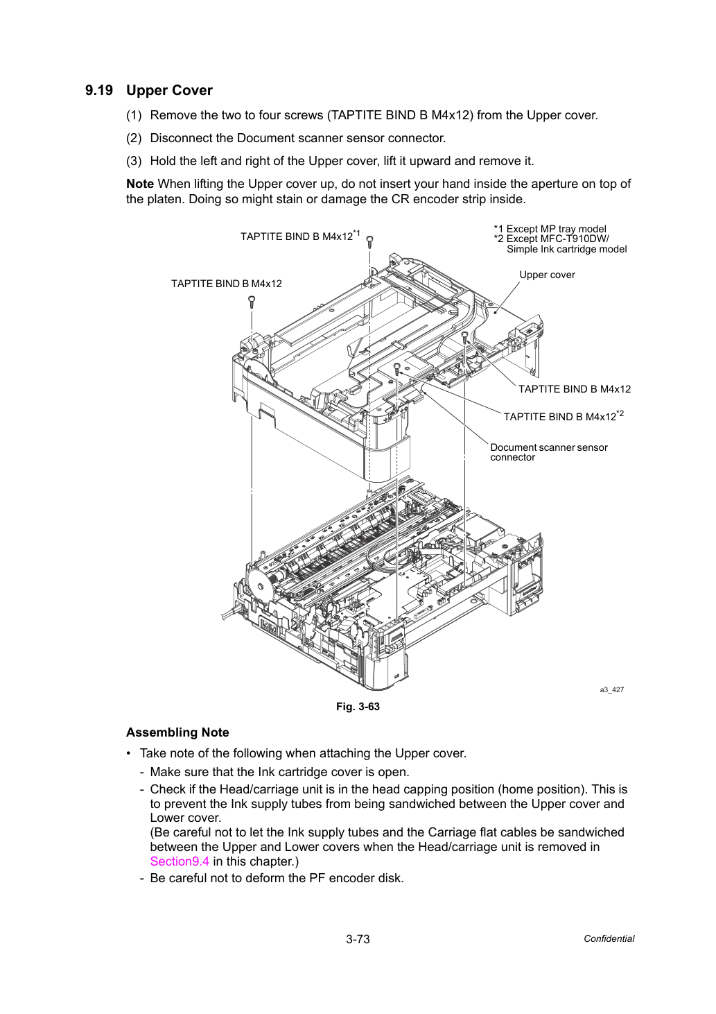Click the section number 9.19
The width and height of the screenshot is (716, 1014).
pyautogui.click(x=99, y=91)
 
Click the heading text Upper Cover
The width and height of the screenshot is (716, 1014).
pyautogui.click(x=169, y=91)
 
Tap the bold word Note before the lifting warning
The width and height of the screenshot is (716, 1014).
pyautogui.click(x=140, y=184)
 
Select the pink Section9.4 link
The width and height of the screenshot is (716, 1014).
pyautogui.click(x=180, y=861)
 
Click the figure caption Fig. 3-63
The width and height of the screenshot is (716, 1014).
pyautogui.click(x=358, y=707)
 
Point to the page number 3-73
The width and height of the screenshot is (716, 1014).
pyautogui.click(x=358, y=939)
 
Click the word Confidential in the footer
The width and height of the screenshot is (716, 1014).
pyautogui.click(x=609, y=939)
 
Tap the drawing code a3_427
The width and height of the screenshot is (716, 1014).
pyautogui.click(x=611, y=690)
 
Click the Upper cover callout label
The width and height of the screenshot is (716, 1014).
pyautogui.click(x=547, y=275)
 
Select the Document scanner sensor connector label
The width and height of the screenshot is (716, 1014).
pyautogui.click(x=549, y=452)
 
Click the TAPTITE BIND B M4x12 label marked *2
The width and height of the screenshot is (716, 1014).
pyautogui.click(x=564, y=416)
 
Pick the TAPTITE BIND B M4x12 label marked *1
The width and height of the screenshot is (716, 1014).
pyautogui.click(x=300, y=236)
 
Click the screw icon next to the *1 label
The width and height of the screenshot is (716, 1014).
pyautogui.click(x=369, y=241)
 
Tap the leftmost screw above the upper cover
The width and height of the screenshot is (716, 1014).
pyautogui.click(x=252, y=302)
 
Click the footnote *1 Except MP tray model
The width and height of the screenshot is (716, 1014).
pyautogui.click(x=550, y=229)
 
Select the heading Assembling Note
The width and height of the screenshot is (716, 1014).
pyautogui.click(x=177, y=732)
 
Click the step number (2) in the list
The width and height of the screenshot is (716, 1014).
pyautogui.click(x=134, y=138)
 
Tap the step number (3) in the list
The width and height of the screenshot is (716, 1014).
pyautogui.click(x=134, y=161)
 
